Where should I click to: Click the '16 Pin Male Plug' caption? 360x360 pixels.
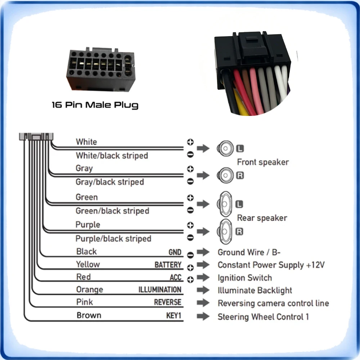[x=95, y=105]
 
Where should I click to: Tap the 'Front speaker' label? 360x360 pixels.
[x=263, y=162]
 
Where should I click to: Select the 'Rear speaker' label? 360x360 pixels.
[x=262, y=218]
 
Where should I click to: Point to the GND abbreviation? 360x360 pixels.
[x=175, y=252]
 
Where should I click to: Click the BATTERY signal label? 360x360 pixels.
[x=168, y=265]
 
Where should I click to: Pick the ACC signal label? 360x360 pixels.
[x=176, y=277]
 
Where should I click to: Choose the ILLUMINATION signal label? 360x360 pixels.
[x=160, y=290]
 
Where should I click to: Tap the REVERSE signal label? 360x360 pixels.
[x=168, y=302]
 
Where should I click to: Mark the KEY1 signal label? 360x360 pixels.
[x=174, y=315]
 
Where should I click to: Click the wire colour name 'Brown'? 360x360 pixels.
[x=89, y=315]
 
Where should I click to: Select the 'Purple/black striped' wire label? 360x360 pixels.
[x=113, y=239]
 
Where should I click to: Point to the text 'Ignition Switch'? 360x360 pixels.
[x=245, y=278]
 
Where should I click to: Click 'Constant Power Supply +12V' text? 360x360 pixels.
[x=271, y=265]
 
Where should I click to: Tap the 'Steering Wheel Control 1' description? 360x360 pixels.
[x=263, y=317]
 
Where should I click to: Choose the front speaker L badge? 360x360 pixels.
[x=240, y=148]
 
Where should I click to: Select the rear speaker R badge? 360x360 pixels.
[x=239, y=231]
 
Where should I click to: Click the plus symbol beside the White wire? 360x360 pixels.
[x=190, y=142]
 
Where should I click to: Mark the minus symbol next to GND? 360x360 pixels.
[x=190, y=255]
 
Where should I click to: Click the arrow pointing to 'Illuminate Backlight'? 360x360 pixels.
[x=203, y=290]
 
